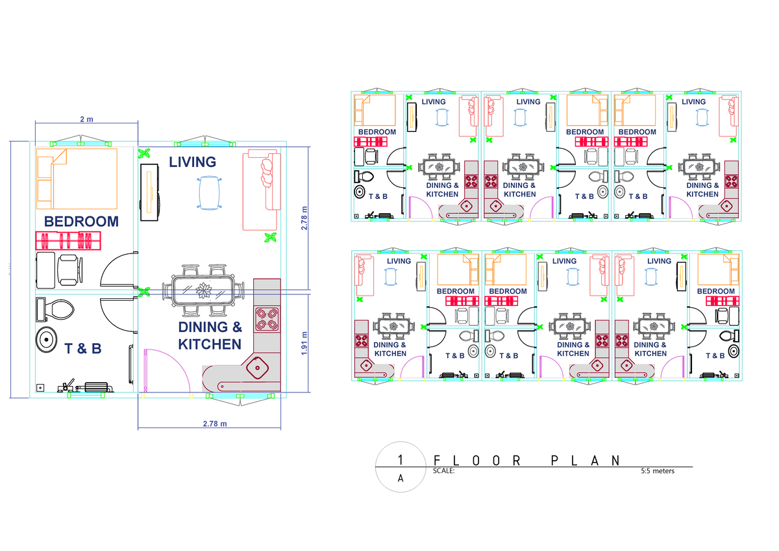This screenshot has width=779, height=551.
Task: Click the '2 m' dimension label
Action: [86, 120]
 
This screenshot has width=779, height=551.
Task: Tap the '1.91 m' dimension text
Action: [305, 342]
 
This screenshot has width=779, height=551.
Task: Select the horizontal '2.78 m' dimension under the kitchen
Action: [215, 423]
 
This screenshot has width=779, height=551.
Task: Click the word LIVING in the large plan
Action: [192, 162]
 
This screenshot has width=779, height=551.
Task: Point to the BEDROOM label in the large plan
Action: [82, 221]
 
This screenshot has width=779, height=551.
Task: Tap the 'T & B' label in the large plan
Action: [83, 349]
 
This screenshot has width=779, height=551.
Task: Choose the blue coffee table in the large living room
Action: [208, 193]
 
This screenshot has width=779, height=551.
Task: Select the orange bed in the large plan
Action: [77, 175]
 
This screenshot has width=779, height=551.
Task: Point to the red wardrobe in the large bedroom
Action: [68, 241]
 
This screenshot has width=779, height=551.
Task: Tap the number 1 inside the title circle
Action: [401, 459]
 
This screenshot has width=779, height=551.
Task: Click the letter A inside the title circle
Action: [401, 479]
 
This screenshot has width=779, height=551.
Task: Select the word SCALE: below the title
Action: [443, 471]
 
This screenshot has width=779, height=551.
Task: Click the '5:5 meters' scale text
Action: [657, 471]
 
